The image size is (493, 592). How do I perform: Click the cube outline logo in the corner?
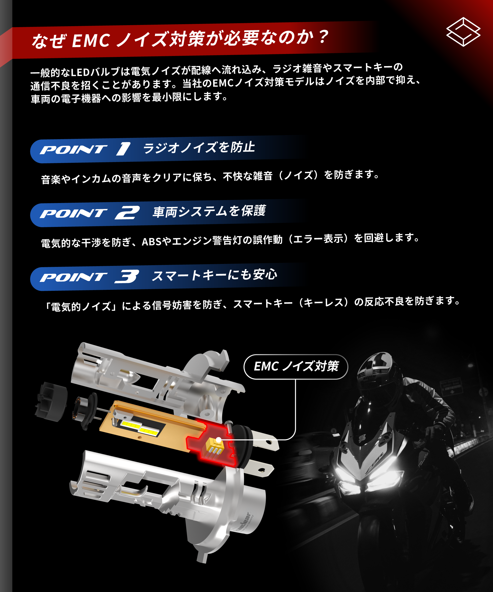tap(463, 32)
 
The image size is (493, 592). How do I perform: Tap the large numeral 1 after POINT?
tap(123, 149)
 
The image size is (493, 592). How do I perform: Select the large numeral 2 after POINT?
tap(127, 213)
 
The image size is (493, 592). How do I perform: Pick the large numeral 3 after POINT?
tap(127, 276)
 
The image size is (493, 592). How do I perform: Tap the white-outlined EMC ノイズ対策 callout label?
tap(296, 367)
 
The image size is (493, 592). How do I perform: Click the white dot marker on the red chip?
tap(218, 440)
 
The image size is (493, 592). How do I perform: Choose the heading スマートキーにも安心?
tap(214, 275)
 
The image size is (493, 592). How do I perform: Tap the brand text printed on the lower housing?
tap(243, 522)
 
